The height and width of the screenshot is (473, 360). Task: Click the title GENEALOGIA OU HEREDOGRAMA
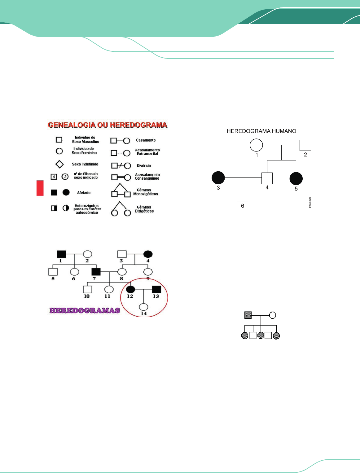[108, 125]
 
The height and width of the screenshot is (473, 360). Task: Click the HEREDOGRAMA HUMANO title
[261, 131]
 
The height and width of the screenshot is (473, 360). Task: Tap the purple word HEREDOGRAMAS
[85, 310]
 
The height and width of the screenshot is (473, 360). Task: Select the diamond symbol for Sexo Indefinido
[59, 164]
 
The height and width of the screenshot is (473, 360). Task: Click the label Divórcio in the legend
[144, 166]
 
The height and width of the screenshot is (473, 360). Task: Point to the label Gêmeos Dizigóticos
[144, 209]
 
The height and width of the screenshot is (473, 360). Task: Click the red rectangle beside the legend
[40, 188]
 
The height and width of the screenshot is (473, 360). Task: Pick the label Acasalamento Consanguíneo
[147, 177]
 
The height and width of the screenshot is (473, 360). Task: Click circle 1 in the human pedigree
[256, 145]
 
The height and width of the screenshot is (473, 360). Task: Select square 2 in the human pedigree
[305, 145]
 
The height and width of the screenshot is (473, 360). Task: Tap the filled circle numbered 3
[218, 178]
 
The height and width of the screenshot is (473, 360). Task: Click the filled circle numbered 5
[296, 178]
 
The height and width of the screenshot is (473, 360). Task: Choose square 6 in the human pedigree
[242, 196]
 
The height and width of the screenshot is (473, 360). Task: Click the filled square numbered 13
[156, 289]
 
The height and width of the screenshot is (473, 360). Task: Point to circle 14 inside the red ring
[143, 307]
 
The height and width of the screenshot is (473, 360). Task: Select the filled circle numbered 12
[131, 289]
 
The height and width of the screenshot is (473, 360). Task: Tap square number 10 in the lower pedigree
[87, 289]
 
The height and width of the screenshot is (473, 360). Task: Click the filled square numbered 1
[62, 254]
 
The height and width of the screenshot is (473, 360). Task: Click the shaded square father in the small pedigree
[248, 315]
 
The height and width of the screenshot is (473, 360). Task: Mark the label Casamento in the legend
[146, 140]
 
